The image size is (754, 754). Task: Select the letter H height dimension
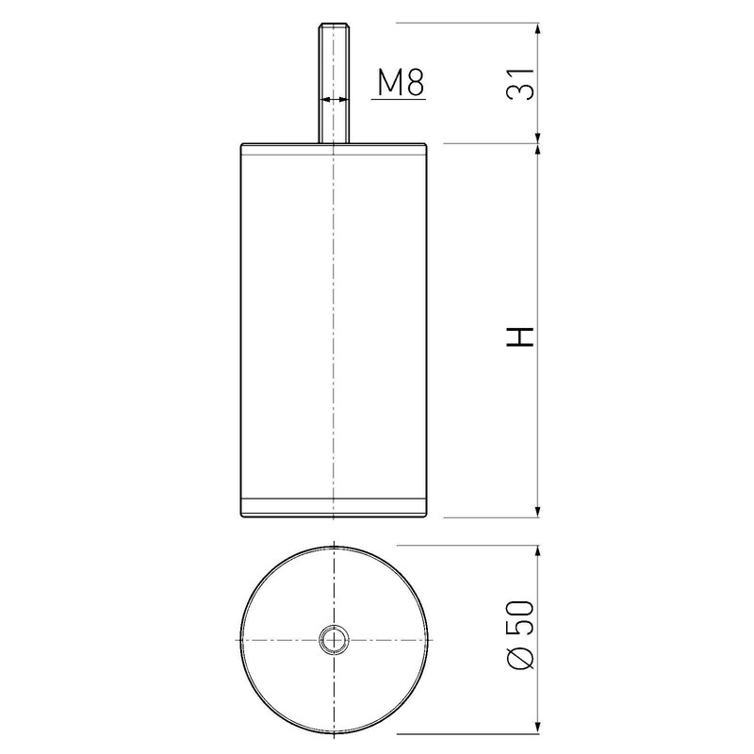(520, 336)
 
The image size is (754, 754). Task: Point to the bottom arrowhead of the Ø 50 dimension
(538, 729)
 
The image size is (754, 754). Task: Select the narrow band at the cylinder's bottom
(335, 506)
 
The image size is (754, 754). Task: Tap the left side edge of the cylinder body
(241, 330)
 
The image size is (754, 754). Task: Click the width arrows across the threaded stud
(335, 98)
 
